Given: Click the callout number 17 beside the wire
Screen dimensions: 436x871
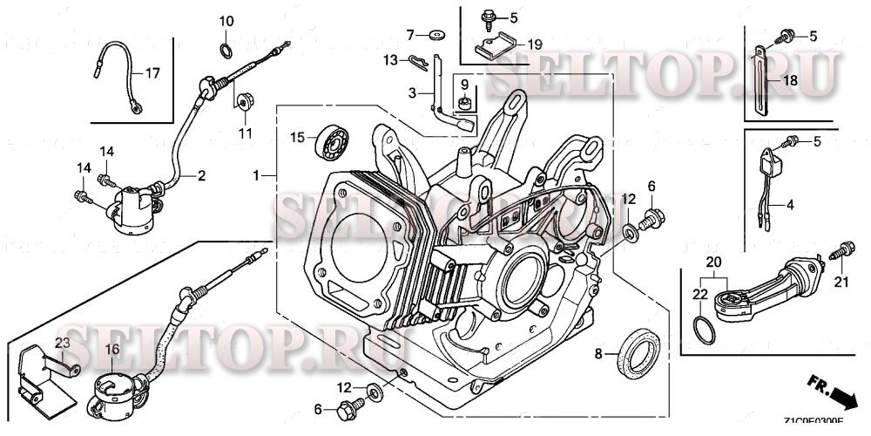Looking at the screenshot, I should pyautogui.click(x=152, y=73).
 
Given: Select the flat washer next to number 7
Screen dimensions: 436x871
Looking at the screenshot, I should pyautogui.click(x=435, y=36).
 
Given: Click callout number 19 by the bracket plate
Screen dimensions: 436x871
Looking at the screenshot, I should pyautogui.click(x=533, y=44).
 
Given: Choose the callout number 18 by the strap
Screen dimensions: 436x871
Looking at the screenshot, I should pyautogui.click(x=790, y=80).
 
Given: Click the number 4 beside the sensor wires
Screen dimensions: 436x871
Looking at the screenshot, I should pyautogui.click(x=790, y=207).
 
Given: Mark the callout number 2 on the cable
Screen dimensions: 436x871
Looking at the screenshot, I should pyautogui.click(x=200, y=176).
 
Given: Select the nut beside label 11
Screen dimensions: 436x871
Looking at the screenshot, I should pyautogui.click(x=241, y=99).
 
